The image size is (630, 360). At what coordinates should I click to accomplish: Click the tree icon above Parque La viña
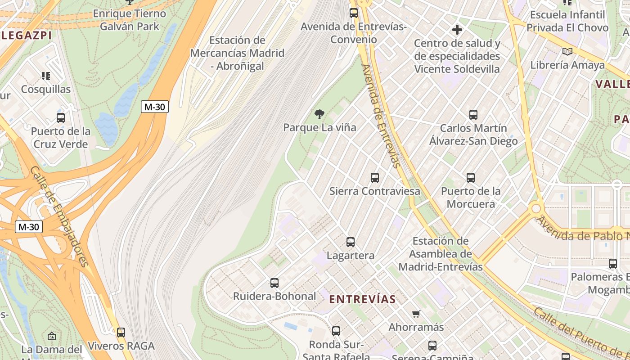319,114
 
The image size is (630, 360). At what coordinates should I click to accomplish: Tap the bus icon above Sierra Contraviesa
375,178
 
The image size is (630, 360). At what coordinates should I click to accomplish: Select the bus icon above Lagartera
351,242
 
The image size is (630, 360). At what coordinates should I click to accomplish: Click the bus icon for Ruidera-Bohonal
274,283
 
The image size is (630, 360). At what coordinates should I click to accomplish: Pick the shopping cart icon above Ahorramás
416,314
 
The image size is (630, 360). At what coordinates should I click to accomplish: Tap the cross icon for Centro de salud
457,30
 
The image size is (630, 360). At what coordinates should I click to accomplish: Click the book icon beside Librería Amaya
567,52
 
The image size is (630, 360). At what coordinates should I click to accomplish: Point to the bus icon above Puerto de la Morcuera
471,178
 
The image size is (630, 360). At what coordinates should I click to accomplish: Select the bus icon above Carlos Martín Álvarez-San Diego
473,114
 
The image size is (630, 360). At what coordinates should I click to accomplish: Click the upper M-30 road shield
154,107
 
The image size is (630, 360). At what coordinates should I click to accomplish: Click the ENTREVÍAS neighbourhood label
362,299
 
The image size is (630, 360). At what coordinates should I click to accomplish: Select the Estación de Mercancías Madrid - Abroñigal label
237,53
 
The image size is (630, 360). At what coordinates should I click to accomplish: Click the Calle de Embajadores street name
58,216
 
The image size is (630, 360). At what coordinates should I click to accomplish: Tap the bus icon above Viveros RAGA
121,333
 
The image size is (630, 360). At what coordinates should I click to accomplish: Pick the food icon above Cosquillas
46,76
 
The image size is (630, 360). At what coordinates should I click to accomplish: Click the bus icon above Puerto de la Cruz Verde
61,118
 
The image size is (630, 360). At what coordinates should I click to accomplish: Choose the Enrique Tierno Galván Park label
130,20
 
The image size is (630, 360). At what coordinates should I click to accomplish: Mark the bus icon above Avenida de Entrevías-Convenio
354,13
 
